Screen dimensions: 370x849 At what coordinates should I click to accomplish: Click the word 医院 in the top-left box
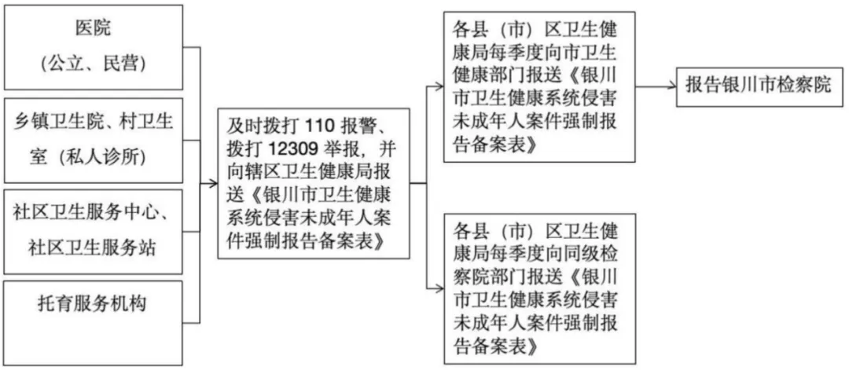tap(93, 29)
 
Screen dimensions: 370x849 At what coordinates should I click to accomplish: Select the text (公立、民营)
tap(93, 63)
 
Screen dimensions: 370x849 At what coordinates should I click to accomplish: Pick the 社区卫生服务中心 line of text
tap(93, 212)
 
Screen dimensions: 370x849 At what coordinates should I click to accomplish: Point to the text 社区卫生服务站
tap(93, 247)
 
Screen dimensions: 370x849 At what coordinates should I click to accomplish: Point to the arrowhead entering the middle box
tap(215, 184)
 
